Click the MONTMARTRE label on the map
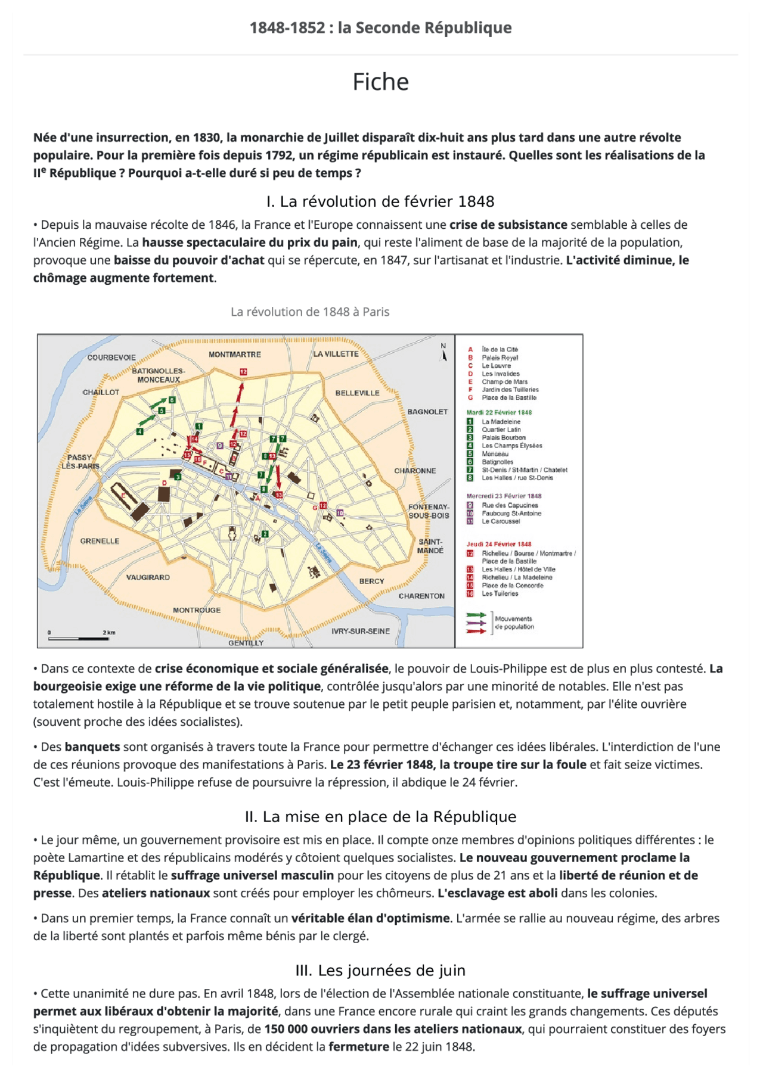pos(234,355)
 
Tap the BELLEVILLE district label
pos(357,393)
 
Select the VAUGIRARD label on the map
pos(148,577)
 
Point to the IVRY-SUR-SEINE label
pos(360,631)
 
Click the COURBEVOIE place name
pos(111,357)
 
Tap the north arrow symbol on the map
pos(443,353)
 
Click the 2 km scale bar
pos(79,638)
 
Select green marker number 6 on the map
pos(172,400)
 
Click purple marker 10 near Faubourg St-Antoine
pos(340,513)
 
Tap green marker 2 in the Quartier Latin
pos(265,534)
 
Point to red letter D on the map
pos(165,483)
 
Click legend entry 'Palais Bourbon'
pos(503,437)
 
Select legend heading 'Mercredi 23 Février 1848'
pos(504,496)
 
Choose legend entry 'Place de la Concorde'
pos(513,585)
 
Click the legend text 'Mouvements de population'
pos(514,623)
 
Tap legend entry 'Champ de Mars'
pos(504,382)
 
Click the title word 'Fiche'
pos(380,82)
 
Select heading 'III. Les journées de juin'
pos(380,970)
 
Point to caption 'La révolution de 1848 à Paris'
pos(310,312)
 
